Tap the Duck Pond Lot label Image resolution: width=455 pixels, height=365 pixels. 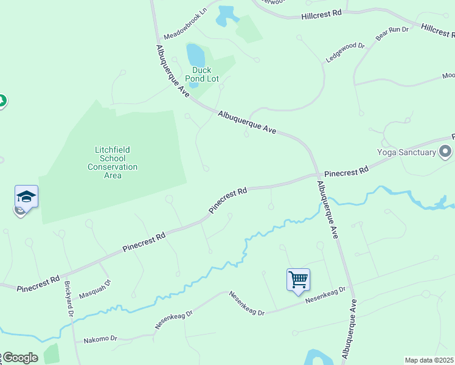(198, 74)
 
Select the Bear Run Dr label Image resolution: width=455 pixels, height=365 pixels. (391, 34)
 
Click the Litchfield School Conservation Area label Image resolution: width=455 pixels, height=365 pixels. (113, 162)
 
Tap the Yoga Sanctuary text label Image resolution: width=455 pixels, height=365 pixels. (406, 152)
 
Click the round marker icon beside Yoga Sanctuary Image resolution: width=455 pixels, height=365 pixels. (446, 151)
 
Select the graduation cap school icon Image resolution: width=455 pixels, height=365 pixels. (26, 196)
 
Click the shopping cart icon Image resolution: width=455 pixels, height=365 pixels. (298, 280)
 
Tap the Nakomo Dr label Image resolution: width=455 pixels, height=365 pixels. (100, 339)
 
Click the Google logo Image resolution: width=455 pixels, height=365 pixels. (19, 358)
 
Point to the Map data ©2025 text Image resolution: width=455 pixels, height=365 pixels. (429, 360)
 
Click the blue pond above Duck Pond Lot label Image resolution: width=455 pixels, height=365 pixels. (196, 55)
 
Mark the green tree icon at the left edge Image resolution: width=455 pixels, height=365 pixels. (2, 100)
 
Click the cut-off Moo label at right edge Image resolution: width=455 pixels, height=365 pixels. (448, 76)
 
